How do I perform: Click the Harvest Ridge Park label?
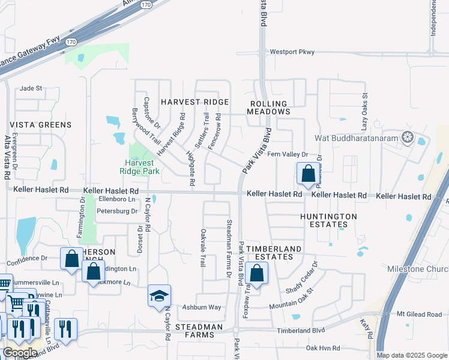142,166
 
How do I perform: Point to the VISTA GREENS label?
41,125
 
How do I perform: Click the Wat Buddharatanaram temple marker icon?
408,137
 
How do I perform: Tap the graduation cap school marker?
159,296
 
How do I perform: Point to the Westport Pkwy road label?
292,52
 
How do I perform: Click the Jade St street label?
31,88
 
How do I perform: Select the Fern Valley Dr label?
287,154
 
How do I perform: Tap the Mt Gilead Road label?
419,314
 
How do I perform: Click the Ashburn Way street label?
202,307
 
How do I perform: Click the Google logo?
20,352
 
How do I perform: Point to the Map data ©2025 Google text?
411,355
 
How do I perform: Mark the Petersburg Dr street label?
118,211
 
